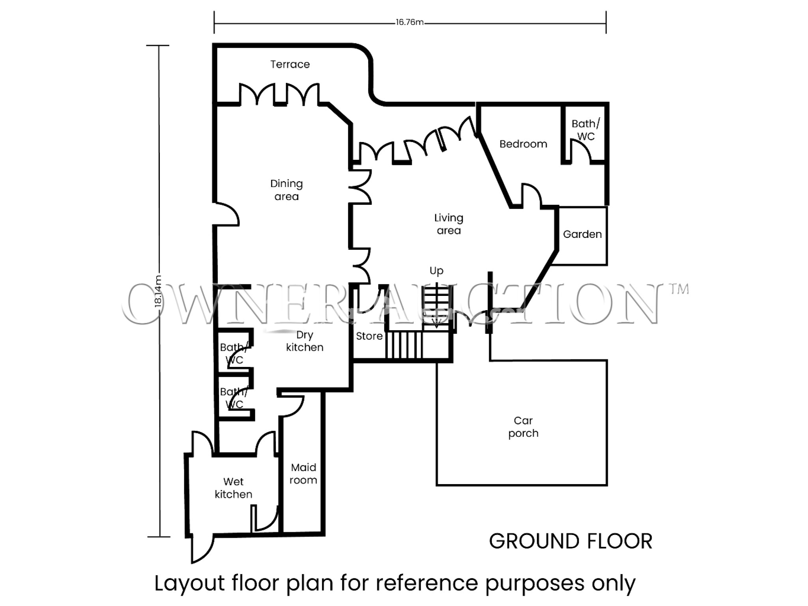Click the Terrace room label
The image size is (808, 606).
click(x=290, y=64)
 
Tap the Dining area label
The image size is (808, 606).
click(x=286, y=190)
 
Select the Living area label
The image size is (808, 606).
click(x=449, y=224)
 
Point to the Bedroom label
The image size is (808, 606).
click(x=523, y=144)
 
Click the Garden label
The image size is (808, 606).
click(x=582, y=234)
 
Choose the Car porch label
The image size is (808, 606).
click(x=523, y=427)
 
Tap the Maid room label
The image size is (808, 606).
click(x=303, y=474)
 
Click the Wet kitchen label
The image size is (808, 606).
click(x=233, y=488)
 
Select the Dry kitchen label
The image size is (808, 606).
click(x=305, y=341)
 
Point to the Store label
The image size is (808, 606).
click(x=369, y=336)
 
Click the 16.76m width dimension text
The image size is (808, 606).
click(x=410, y=22)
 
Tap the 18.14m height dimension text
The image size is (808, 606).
click(x=158, y=291)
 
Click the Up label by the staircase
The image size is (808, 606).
click(x=436, y=271)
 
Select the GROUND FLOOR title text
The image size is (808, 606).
click(x=570, y=541)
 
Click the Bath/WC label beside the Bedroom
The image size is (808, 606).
click(x=585, y=130)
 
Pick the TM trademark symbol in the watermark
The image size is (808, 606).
click(x=678, y=289)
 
